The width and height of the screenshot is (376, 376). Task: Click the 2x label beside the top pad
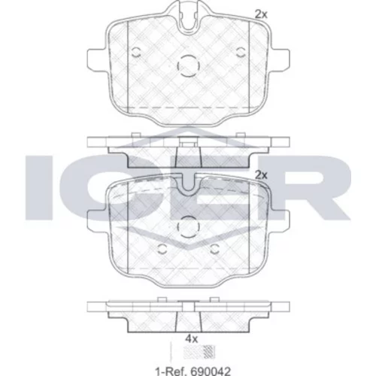[261, 15]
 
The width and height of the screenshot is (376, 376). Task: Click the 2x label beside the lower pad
[261, 175]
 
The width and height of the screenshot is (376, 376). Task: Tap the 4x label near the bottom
[191, 339]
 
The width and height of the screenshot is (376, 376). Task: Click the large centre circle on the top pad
[189, 66]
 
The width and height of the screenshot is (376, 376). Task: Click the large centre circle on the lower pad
[189, 226]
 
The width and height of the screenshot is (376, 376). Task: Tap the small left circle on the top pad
[136, 52]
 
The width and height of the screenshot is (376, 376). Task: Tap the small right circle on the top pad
[241, 52]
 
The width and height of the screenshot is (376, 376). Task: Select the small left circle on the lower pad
[162, 249]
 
